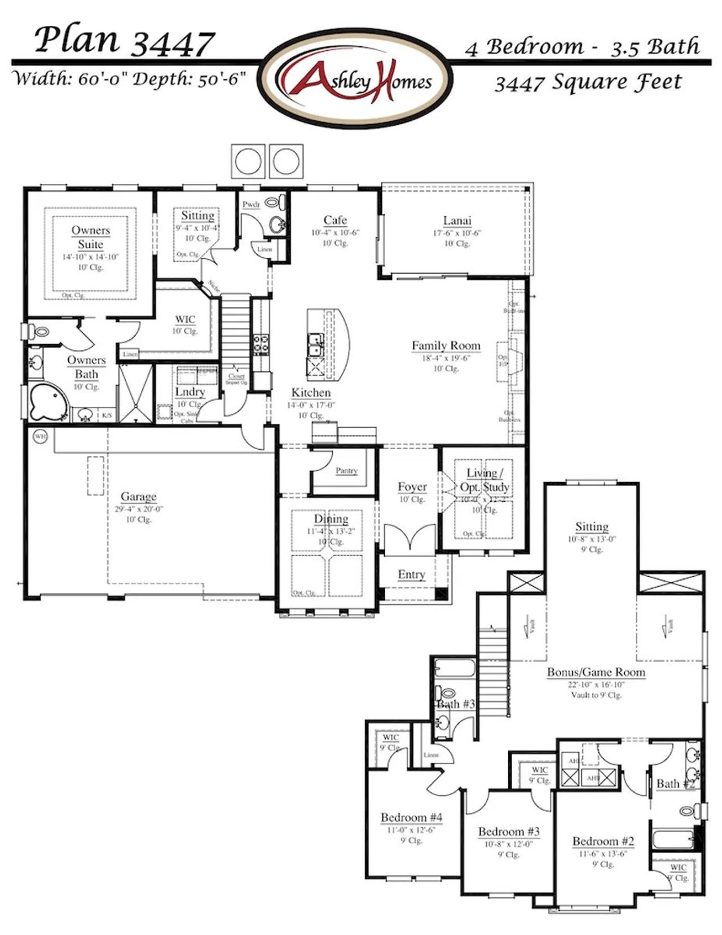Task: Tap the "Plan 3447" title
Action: tap(124, 41)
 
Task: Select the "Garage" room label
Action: tap(138, 497)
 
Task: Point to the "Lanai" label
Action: tap(457, 221)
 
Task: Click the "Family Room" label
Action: tap(446, 345)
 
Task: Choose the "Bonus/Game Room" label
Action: tap(596, 672)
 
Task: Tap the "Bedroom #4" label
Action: tap(411, 817)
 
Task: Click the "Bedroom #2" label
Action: tap(603, 841)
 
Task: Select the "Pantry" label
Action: tap(346, 471)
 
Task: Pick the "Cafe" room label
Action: tap(335, 220)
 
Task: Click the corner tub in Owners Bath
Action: tap(47, 402)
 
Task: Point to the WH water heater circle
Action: tap(40, 436)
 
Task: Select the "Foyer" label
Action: tap(412, 486)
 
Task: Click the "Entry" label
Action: tap(411, 574)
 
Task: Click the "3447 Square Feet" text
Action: tap(588, 83)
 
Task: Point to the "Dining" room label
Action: tap(331, 519)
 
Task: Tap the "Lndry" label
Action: tap(190, 392)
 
